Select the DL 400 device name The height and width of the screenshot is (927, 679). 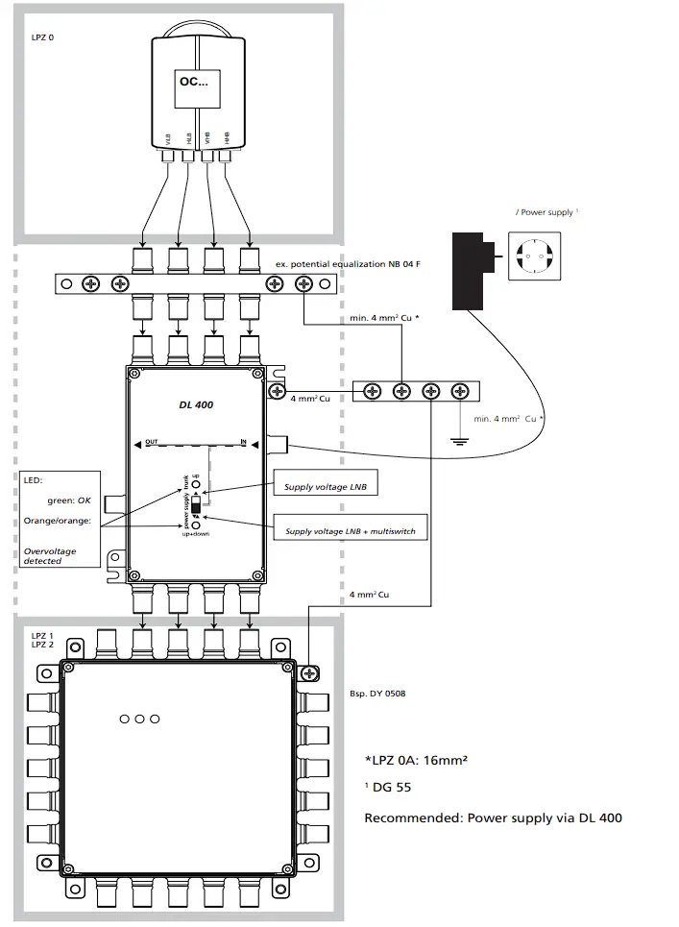click(196, 405)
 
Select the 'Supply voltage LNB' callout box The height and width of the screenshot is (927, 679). click(323, 487)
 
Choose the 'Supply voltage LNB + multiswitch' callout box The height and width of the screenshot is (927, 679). click(350, 530)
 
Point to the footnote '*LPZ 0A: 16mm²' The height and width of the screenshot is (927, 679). click(415, 760)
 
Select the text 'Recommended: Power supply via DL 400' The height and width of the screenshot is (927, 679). click(493, 818)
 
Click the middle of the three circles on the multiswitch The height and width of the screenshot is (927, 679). click(139, 719)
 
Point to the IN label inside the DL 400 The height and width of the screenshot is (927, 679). click(244, 441)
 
